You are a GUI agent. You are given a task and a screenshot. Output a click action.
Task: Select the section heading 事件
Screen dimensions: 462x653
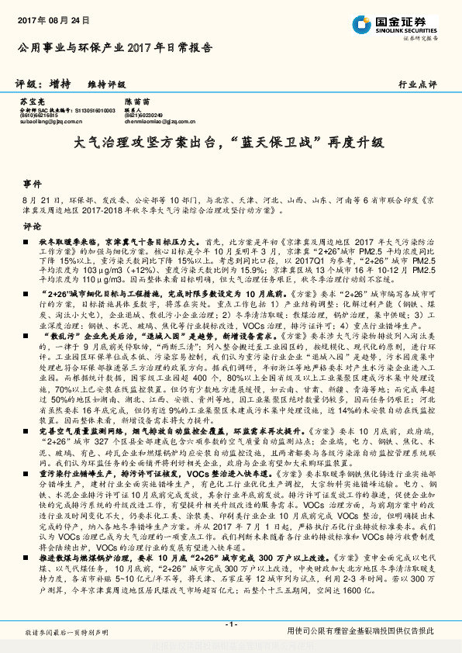point(32,184)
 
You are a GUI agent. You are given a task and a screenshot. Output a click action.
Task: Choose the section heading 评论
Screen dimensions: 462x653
point(32,226)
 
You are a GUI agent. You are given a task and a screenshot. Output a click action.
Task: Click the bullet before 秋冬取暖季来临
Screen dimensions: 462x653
point(26,242)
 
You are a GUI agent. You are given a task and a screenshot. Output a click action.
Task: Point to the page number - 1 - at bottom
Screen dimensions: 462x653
point(230,626)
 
